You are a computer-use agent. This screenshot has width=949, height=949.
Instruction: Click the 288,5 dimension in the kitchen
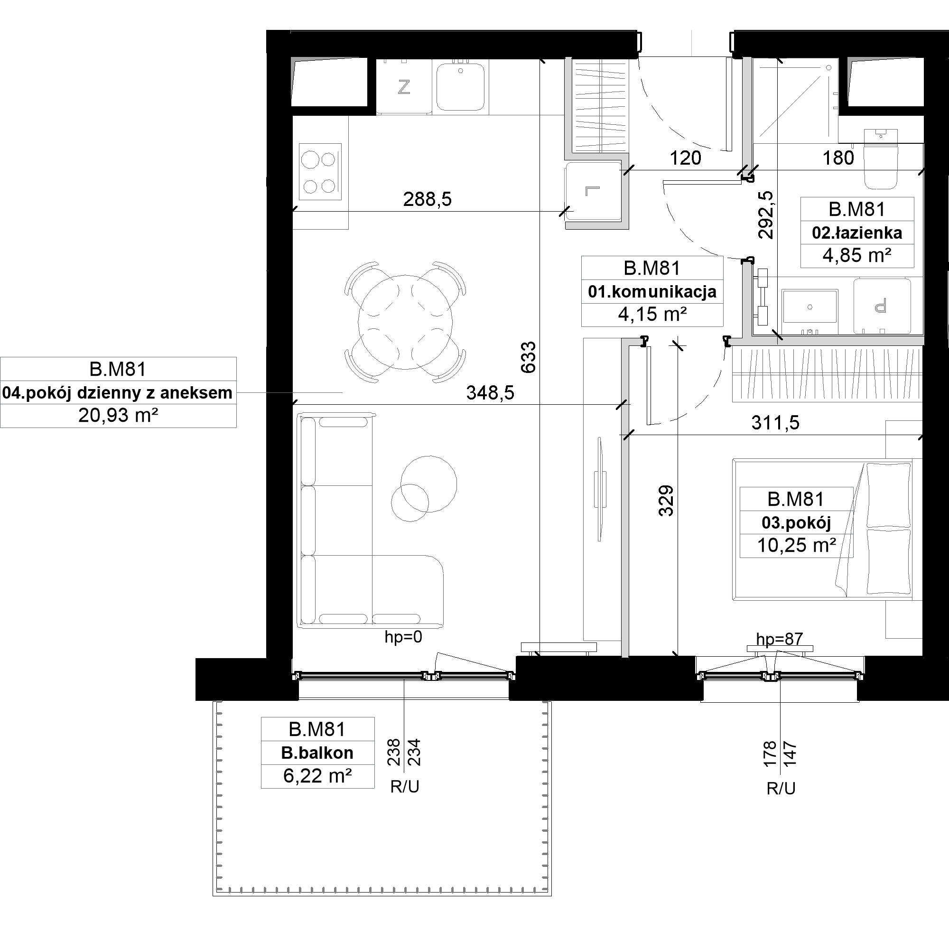click(428, 199)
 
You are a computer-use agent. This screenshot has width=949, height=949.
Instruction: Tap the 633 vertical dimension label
click(529, 357)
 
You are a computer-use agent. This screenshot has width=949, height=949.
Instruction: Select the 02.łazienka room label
click(857, 233)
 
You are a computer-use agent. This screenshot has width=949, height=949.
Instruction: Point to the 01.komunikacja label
click(652, 292)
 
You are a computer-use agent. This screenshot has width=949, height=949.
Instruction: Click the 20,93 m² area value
click(118, 416)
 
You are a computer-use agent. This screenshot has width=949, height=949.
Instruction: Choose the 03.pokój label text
click(796, 522)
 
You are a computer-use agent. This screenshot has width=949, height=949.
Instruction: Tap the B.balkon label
click(317, 753)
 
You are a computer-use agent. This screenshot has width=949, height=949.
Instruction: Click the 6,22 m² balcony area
click(317, 776)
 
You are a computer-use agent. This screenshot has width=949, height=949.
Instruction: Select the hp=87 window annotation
click(780, 639)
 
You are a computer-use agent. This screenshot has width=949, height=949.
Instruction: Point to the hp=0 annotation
click(403, 637)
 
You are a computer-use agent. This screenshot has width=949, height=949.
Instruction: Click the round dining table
click(405, 322)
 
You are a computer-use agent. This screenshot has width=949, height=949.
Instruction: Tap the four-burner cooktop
click(320, 172)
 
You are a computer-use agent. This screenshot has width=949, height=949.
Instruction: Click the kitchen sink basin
click(461, 87)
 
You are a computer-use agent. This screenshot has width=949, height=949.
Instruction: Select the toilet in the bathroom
click(880, 159)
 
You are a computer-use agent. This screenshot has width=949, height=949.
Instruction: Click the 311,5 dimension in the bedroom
click(776, 423)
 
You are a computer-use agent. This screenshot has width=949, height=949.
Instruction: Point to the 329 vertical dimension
click(666, 501)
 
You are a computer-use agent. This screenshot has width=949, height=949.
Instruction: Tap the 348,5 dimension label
click(490, 393)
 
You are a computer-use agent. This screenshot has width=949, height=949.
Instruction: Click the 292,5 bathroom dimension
click(766, 214)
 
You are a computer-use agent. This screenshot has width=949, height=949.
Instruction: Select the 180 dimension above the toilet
click(838, 158)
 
